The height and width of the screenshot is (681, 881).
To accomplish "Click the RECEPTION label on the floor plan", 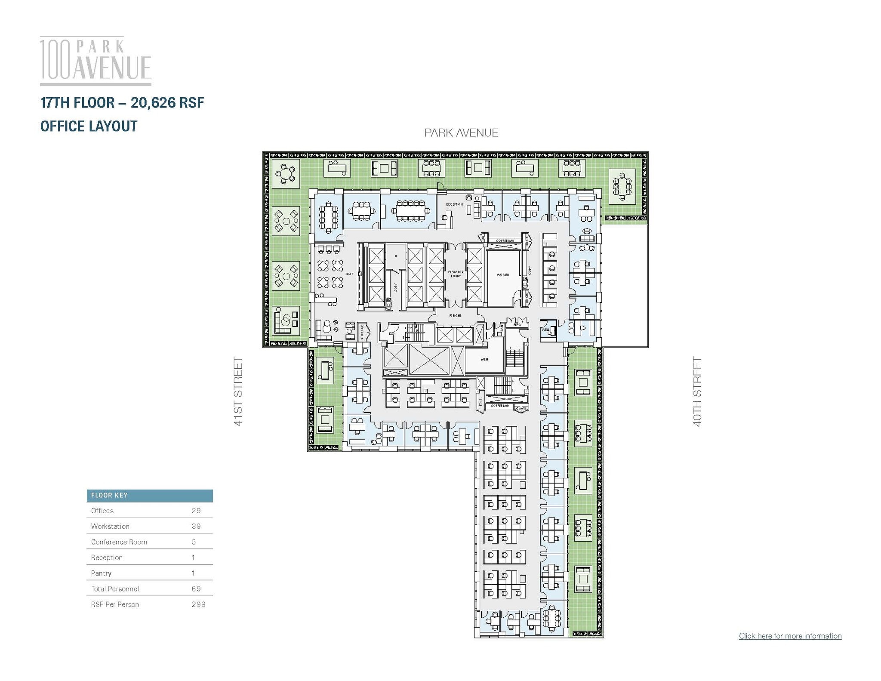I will (454, 204).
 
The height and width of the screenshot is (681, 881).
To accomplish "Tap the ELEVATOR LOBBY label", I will (456, 274).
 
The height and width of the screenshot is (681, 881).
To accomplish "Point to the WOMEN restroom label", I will (502, 274).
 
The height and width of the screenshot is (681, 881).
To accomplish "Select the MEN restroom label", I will (484, 359).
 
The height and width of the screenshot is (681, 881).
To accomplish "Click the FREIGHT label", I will (455, 316).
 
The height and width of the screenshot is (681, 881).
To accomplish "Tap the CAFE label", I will (349, 274).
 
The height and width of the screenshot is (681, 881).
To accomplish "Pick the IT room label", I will (396, 256).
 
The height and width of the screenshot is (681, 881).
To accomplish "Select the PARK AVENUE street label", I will (461, 133).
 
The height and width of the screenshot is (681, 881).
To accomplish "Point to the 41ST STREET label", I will (238, 391).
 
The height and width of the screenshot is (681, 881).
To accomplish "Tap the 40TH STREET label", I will (697, 391).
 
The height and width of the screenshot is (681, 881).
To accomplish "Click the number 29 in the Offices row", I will (196, 511).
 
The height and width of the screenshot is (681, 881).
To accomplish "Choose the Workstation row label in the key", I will (110, 526).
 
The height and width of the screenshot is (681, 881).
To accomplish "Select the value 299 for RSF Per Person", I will (198, 604).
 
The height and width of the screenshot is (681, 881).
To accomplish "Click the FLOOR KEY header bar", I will (149, 496).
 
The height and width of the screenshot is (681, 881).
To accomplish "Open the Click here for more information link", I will (790, 636).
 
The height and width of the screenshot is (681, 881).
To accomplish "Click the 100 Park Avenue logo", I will (95, 61).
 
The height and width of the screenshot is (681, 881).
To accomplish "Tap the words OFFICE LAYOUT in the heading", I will (89, 126).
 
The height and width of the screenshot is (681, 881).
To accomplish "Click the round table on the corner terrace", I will (284, 175).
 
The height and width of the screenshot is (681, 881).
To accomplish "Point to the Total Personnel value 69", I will (196, 589).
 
